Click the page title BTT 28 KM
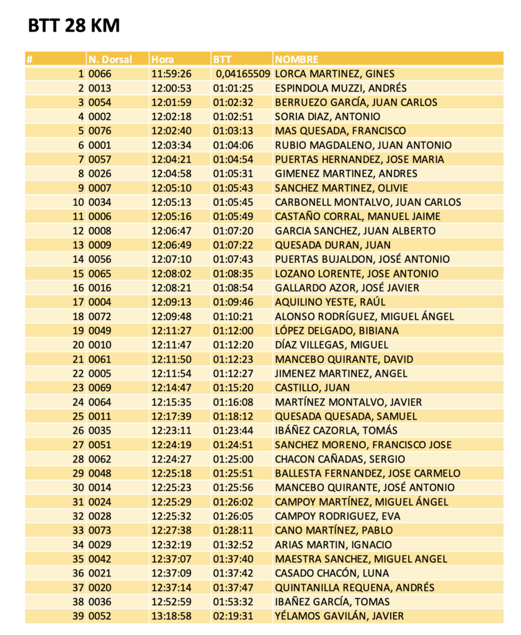click(x=74, y=26)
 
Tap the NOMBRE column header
click(x=296, y=60)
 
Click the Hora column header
click(x=163, y=60)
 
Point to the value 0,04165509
click(x=243, y=74)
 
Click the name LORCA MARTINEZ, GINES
click(x=334, y=74)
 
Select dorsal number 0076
click(x=100, y=131)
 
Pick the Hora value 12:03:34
click(x=171, y=145)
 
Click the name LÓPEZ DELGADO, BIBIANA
click(x=337, y=331)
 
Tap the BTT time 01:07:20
click(x=233, y=231)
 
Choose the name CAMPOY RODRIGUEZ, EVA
click(x=337, y=516)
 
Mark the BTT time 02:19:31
click(x=233, y=616)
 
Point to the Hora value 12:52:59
click(x=171, y=602)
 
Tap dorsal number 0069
click(x=100, y=388)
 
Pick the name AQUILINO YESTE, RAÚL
click(x=330, y=302)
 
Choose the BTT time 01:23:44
click(x=233, y=430)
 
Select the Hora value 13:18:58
click(x=171, y=616)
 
